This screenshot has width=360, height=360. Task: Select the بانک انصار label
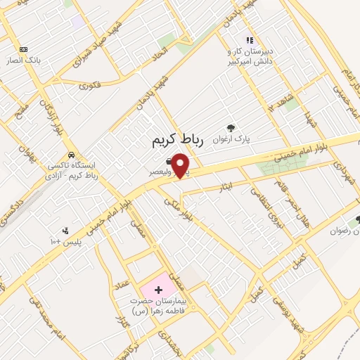[23, 60]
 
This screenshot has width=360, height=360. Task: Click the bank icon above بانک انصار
[24, 49]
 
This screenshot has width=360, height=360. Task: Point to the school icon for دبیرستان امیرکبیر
[249, 40]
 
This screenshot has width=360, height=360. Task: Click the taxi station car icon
[71, 155]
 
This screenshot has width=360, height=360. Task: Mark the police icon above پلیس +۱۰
[66, 231]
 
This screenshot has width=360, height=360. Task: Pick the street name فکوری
[90, 86]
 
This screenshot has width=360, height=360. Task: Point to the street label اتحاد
[160, 53]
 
